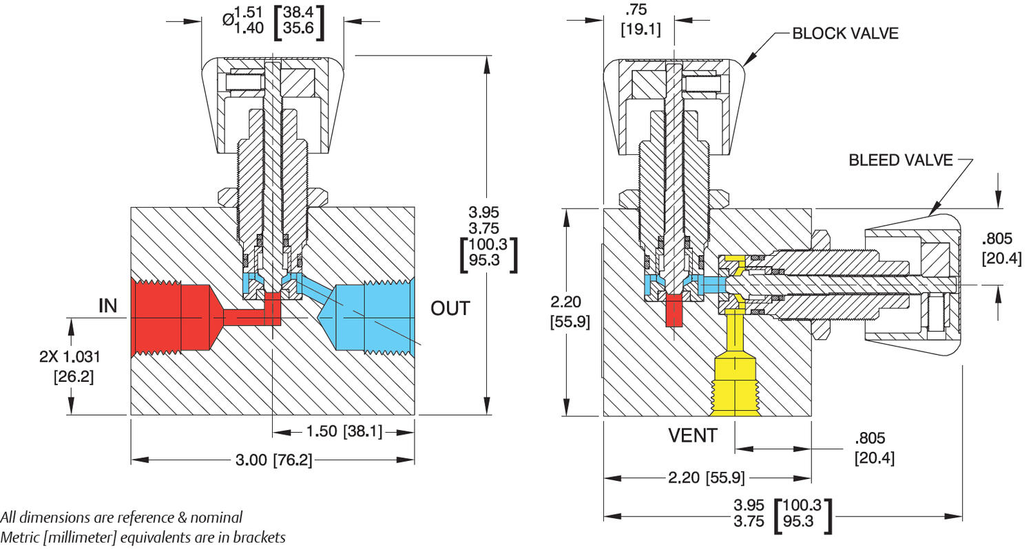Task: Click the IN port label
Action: click(108, 305)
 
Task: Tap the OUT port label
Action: click(450, 308)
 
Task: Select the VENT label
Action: click(693, 435)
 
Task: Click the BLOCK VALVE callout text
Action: click(845, 33)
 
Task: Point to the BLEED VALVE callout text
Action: click(901, 160)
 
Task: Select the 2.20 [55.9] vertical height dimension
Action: click(570, 310)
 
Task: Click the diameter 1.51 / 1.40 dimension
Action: click(273, 20)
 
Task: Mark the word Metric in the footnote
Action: click(21, 537)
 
